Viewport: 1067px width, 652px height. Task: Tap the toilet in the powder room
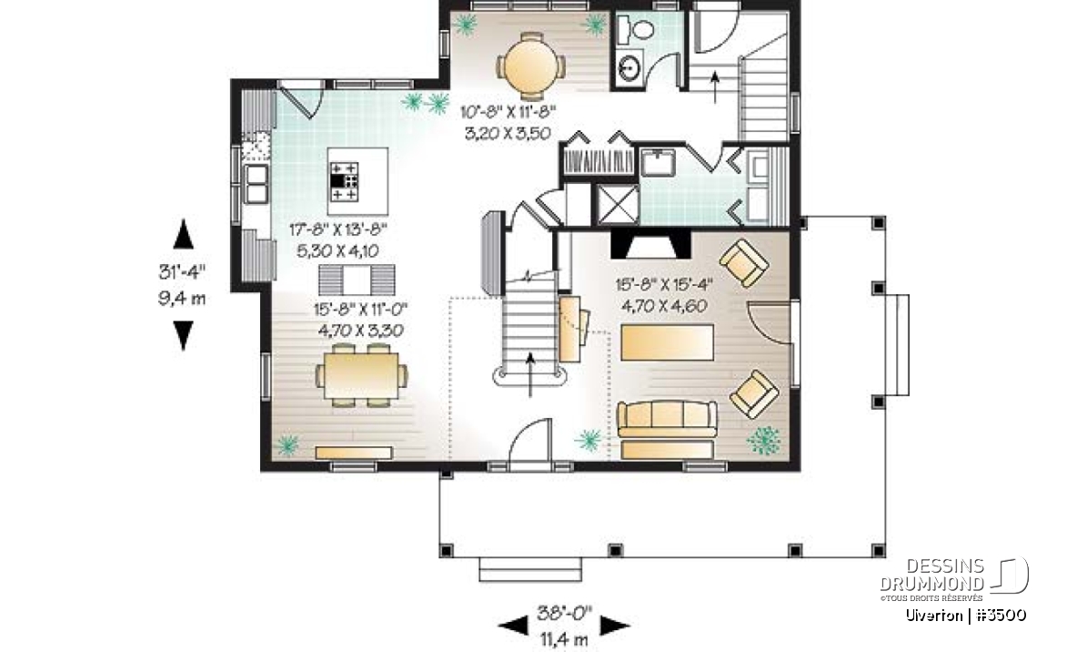click(639, 28)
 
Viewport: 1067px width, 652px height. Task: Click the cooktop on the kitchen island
click(344, 181)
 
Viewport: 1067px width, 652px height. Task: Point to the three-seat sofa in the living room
click(667, 419)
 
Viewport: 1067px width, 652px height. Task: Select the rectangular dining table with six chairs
click(360, 374)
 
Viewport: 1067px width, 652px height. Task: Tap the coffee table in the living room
click(667, 342)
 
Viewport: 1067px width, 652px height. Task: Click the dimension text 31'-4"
click(182, 272)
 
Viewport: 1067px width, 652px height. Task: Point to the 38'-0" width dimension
click(565, 612)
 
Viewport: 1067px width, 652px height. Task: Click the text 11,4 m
click(565, 639)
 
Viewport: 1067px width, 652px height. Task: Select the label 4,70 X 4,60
click(663, 306)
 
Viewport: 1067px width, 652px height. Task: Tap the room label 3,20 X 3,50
click(508, 134)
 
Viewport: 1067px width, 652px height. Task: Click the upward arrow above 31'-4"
click(183, 234)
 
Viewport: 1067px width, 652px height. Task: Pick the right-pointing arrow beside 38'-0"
click(615, 624)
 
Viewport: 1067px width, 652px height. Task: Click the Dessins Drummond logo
click(954, 579)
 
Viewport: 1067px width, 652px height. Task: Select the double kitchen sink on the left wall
click(257, 184)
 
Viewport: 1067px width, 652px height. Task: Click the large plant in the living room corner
click(764, 440)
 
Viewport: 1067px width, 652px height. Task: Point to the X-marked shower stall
click(619, 204)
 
